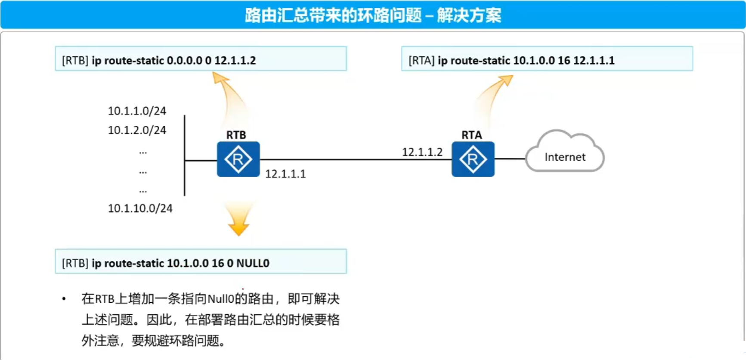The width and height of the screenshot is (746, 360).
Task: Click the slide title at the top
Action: tap(373, 16)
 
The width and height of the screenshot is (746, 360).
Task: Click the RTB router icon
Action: tap(238, 159)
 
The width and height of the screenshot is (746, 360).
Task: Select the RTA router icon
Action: tap(473, 159)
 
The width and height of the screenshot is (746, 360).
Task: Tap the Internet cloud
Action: tap(565, 152)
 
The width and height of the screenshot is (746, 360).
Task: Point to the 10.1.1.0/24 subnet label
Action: tap(137, 111)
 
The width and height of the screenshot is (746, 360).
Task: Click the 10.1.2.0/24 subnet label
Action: tap(137, 130)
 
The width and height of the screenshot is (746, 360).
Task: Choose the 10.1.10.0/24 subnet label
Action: tap(140, 208)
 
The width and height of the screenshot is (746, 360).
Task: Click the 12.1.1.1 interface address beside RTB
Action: tap(285, 174)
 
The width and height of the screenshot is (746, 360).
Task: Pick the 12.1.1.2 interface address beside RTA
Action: tap(422, 152)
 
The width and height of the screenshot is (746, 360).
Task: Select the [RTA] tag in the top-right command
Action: tap(421, 60)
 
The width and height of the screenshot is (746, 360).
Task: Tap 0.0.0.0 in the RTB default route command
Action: tap(184, 60)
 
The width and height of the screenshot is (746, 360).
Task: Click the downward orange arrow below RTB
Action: tap(239, 218)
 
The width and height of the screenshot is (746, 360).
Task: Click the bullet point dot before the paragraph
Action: tap(64, 299)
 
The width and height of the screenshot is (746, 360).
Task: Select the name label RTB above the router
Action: tap(236, 135)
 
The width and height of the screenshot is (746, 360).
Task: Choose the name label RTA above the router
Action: tap(472, 135)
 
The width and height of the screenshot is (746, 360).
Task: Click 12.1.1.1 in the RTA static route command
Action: tap(594, 60)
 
